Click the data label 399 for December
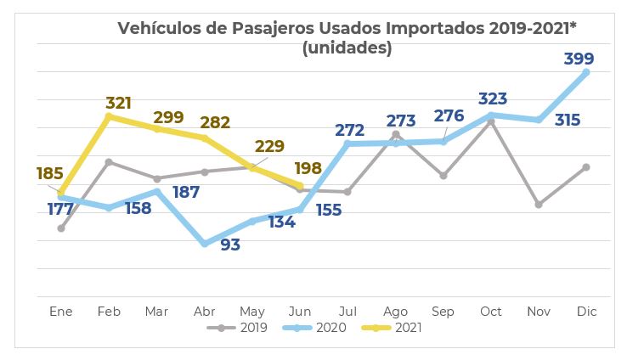578,59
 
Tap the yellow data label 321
118,103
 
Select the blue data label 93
230,245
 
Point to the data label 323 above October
492,99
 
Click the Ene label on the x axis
61,312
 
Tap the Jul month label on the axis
348,312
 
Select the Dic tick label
586,312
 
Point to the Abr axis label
205,312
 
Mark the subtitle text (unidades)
347,48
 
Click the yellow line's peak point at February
109,116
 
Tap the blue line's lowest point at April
205,244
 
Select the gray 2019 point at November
539,205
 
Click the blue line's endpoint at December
586,73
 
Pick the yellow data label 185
50,173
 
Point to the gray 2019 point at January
61,228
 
